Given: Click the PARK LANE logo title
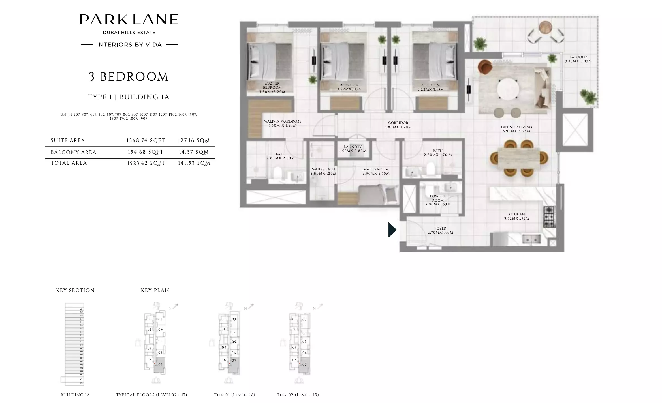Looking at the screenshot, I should coord(129,20).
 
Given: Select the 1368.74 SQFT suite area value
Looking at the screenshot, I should coord(146,140).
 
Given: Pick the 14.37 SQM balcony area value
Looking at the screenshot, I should coord(194,152).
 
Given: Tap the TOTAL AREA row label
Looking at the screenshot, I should coord(69,163).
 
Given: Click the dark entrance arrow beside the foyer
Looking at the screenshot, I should coord(392,230).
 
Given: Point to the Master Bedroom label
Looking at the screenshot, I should coord(272,87).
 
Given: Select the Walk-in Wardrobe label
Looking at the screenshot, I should coord(282,123).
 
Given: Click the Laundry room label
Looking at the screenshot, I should coord(353,149).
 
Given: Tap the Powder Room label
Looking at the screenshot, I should coord(438,200).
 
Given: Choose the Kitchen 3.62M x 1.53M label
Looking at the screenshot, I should coord(516,216).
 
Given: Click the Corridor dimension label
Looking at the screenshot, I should coord(398,125).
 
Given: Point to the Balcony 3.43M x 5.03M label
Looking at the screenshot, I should coord(578,59).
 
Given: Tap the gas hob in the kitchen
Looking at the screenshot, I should coord(549,217).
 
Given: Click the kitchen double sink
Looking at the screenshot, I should coord(531,239).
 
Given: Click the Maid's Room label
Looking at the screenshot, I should coord(376,171).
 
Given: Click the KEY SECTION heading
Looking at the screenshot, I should coord(75,290).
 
